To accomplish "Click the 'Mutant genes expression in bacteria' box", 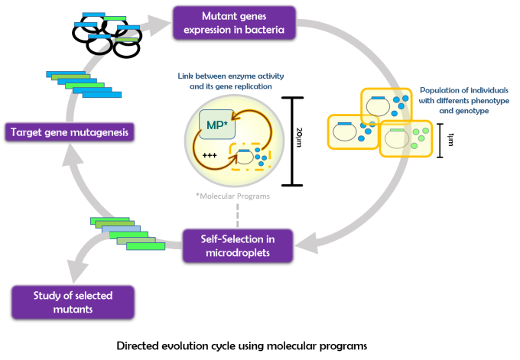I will (233, 23).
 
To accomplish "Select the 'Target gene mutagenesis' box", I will (70, 132).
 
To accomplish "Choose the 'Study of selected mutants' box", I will (73, 302).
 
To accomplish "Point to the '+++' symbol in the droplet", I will (210, 155).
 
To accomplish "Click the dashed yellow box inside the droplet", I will (250, 157).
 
